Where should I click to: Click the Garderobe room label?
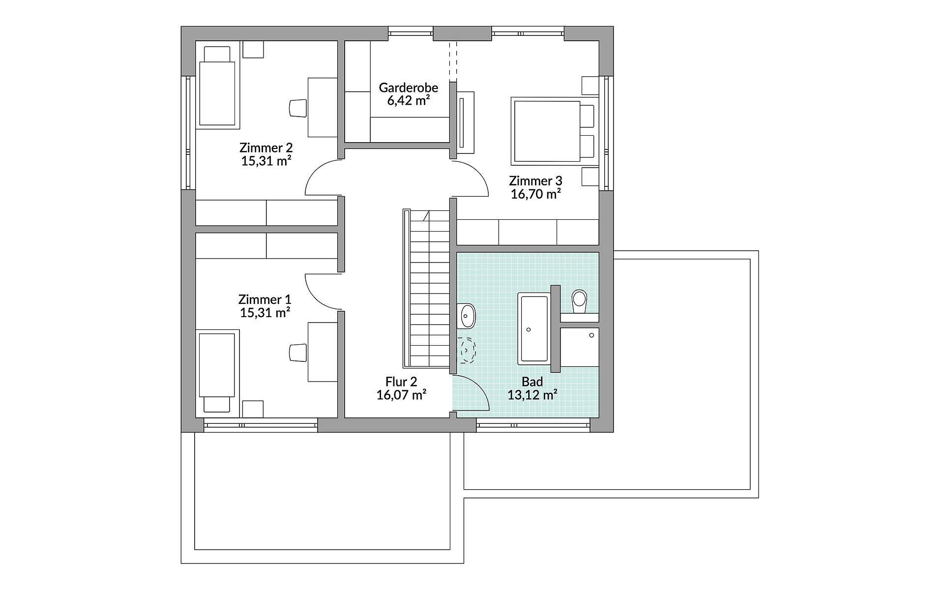point(408,88)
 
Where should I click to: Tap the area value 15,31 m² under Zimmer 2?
point(266,161)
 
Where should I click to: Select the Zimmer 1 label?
point(265,299)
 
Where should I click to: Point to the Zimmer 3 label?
point(535,180)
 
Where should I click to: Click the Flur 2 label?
point(401,382)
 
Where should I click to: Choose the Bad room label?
point(532,382)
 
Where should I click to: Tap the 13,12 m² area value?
point(532,395)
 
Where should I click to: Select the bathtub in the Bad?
point(533,328)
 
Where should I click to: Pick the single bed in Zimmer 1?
point(218,371)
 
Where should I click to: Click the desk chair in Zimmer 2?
point(297,108)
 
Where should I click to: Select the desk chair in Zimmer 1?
point(297,353)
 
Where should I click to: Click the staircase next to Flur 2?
point(426,288)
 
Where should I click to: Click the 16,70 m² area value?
point(535,194)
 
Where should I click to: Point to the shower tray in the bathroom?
point(579,346)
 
